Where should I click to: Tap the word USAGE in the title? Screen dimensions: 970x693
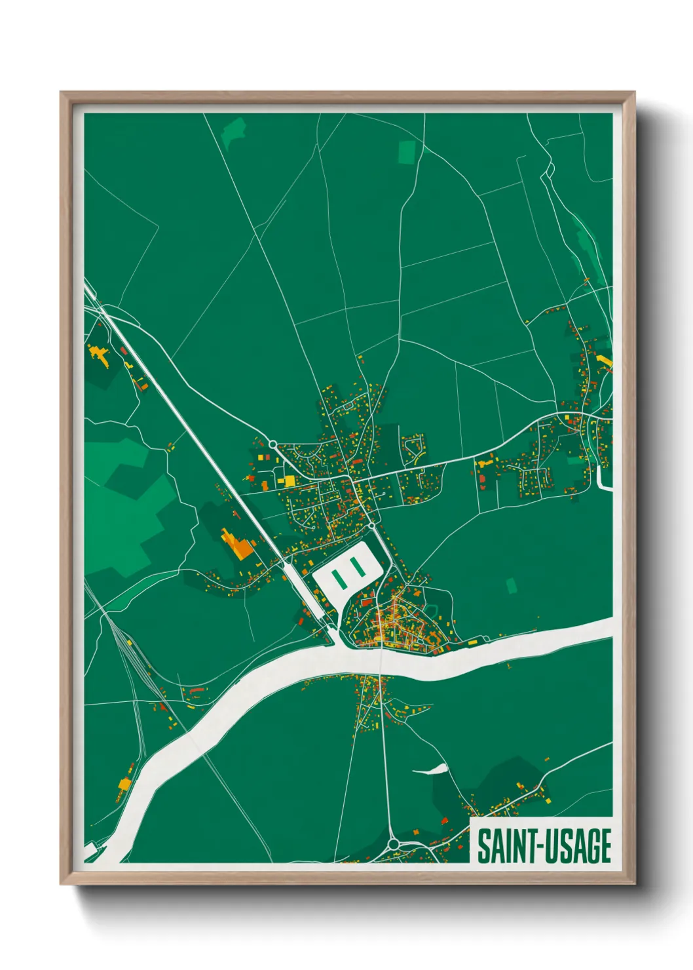(574, 846)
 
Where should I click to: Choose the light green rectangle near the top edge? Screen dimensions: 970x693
(407, 152)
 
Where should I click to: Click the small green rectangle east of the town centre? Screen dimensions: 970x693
(511, 585)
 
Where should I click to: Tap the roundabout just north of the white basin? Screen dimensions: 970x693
(371, 526)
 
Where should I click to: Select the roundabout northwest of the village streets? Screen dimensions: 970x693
(272, 444)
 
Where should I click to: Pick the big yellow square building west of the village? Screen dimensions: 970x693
(289, 482)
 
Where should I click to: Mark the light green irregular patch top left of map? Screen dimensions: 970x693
(233, 131)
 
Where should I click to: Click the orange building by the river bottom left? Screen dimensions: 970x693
(123, 783)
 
